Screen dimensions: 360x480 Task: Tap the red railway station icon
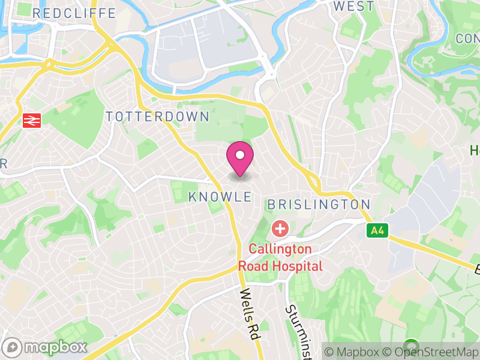[30, 121]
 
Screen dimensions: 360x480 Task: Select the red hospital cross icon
[280, 228]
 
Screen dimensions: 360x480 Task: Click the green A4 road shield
[376, 230]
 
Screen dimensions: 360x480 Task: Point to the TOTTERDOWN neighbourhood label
[157, 117]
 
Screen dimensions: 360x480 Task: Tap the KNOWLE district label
[220, 197]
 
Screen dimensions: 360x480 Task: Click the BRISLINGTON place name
[319, 205]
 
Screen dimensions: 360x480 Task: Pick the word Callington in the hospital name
[280, 248]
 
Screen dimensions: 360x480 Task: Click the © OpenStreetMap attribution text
[431, 352]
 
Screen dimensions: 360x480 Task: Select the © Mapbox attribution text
[354, 352]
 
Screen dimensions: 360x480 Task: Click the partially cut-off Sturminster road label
[295, 332]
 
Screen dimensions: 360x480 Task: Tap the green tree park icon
[411, 347]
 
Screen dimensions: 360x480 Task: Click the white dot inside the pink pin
[240, 155]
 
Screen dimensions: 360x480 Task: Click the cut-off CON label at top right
[467, 38]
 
